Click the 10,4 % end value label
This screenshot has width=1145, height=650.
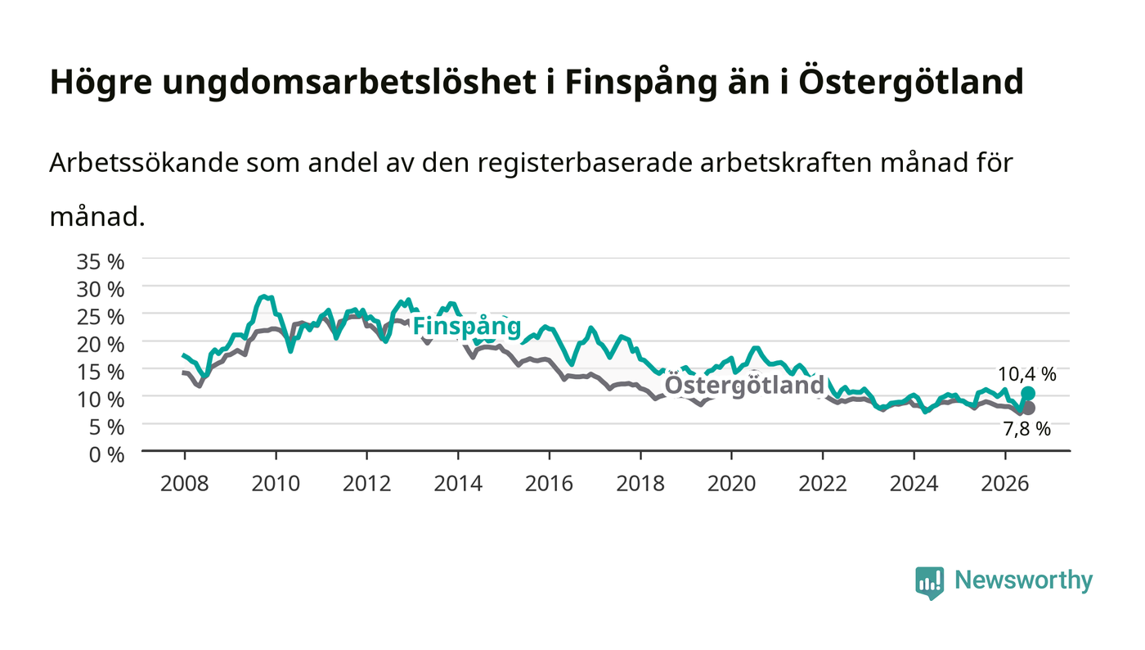(1027, 374)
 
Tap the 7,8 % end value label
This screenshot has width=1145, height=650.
(1027, 429)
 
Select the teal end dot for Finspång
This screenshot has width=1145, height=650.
(1028, 393)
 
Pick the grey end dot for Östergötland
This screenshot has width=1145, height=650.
(1028, 408)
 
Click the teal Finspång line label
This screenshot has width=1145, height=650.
(467, 327)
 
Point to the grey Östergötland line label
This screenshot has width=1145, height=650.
(744, 385)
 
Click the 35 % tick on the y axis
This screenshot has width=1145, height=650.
(100, 261)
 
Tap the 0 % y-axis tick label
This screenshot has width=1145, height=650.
(106, 454)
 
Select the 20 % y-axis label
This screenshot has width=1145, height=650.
(100, 345)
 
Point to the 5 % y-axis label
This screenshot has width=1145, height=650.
(106, 427)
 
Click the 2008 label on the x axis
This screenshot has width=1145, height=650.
(185, 483)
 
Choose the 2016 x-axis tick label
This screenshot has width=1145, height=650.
(549, 483)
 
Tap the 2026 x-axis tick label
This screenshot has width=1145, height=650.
(1005, 483)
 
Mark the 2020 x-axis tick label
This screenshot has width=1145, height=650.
(731, 483)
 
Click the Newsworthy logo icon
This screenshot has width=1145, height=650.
(929, 583)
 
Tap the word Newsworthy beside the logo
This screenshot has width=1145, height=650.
(1023, 580)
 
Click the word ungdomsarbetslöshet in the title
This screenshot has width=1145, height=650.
(350, 82)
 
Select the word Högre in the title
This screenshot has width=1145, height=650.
(101, 82)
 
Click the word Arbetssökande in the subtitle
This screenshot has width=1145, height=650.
(144, 163)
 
